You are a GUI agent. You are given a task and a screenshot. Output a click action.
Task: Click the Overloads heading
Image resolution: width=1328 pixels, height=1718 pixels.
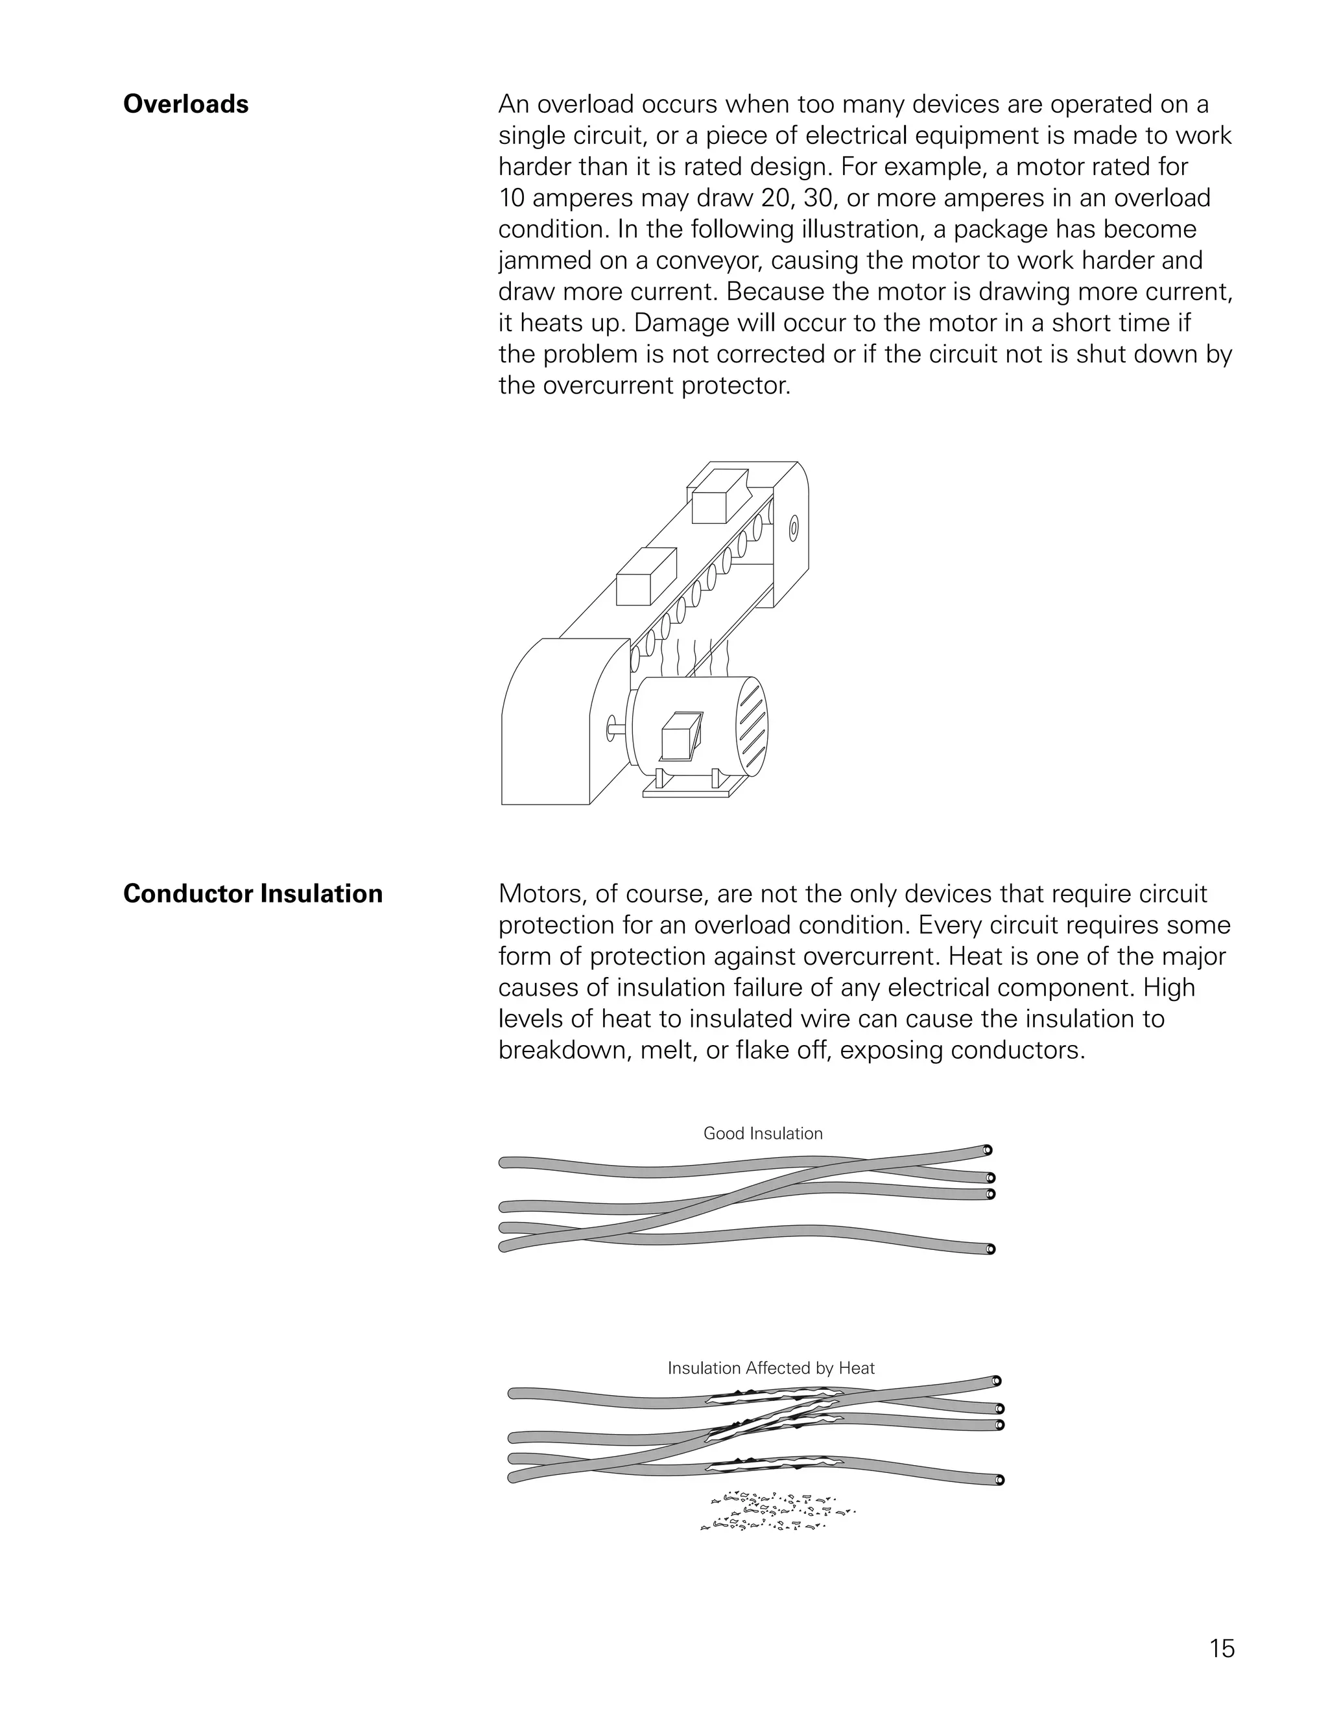pos(185,104)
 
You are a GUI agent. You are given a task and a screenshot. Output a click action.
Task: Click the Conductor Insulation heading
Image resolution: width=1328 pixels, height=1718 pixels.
pos(252,895)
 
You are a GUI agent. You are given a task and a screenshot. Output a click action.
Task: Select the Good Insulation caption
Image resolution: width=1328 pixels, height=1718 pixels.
pos(763,1133)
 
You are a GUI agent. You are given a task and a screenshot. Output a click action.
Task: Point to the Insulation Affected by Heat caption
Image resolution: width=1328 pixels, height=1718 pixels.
pos(770,1368)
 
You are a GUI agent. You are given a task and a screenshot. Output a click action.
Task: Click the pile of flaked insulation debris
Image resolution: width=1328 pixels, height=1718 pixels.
pos(775,1512)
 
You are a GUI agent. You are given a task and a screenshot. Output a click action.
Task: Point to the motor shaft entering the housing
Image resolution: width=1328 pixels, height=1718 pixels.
pos(617,727)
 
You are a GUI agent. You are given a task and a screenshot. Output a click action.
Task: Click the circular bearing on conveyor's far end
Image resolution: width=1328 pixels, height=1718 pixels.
pos(794,528)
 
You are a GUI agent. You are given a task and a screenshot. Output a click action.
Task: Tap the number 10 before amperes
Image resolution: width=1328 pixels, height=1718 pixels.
pos(512,198)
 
